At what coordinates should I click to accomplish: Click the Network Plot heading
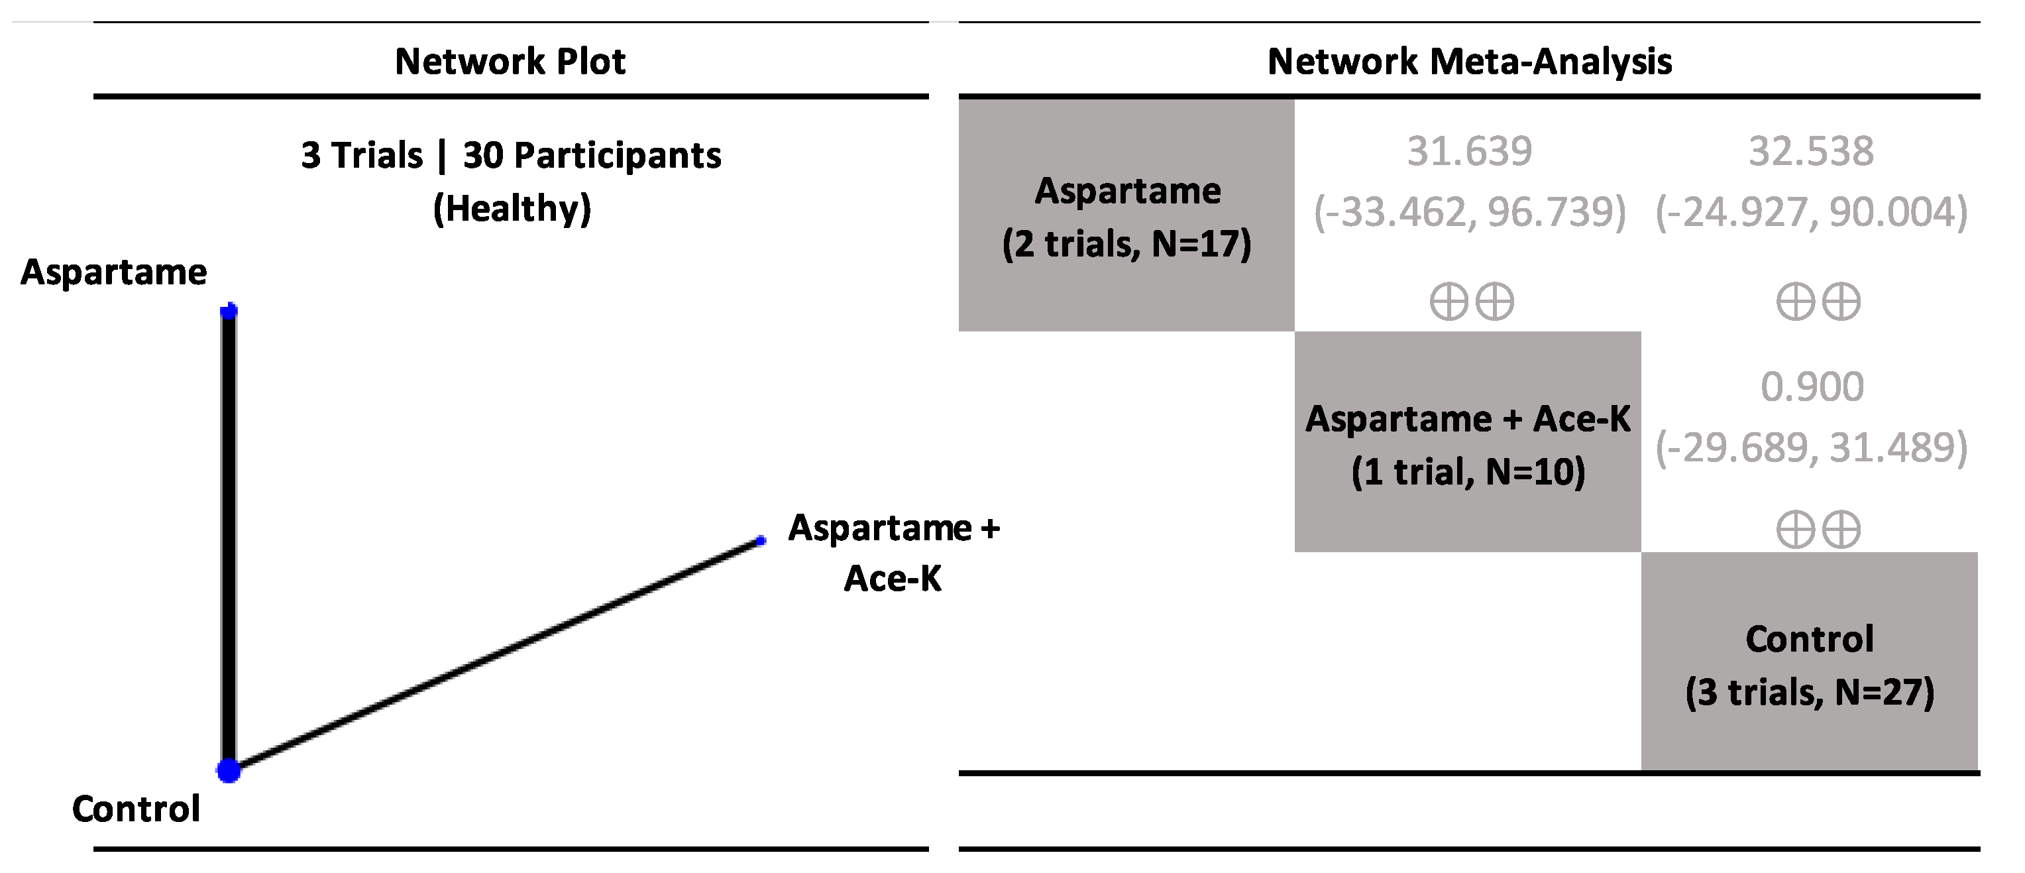coord(510,62)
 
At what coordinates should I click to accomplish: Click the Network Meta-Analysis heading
coord(1468,62)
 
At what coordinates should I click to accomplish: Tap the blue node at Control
coord(229,770)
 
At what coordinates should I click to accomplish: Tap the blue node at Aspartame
coord(229,312)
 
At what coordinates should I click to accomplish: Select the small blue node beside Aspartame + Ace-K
coord(760,540)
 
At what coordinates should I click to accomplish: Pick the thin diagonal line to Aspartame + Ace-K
coord(495,654)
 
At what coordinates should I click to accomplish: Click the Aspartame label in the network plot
coord(114,272)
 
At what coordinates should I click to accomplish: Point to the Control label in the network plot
coord(136,809)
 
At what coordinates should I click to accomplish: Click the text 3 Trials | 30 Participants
coord(511,155)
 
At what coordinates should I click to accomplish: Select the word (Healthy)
coord(512,208)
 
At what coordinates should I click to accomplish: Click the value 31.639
coord(1468,151)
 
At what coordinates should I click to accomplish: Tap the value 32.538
coord(1810,151)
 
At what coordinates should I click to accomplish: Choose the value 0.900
coord(1811,386)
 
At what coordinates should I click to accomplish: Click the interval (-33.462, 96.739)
coord(1468,211)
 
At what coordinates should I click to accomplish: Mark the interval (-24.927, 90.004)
coord(1810,211)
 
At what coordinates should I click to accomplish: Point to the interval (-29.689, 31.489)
coord(1810,447)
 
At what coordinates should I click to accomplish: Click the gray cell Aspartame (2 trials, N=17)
coord(1126,215)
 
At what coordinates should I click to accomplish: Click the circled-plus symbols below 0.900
coord(1818,530)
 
